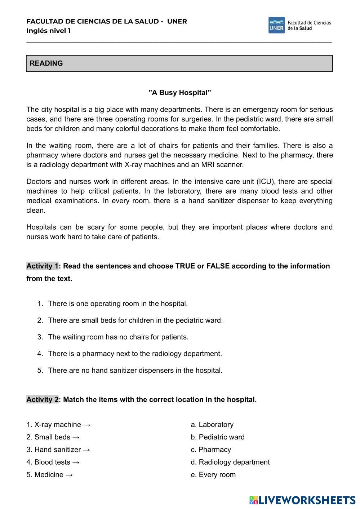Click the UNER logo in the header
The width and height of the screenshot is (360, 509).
tap(276, 25)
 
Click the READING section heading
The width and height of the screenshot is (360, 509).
tap(46, 63)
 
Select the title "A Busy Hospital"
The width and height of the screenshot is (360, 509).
tap(180, 93)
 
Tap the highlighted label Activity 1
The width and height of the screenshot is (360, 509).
tap(42, 266)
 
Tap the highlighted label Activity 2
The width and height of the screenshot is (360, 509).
tap(42, 399)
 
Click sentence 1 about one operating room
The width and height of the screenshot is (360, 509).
tap(118, 304)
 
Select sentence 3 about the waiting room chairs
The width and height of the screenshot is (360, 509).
tap(118, 337)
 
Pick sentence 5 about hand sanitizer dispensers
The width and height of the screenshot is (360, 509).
tap(135, 370)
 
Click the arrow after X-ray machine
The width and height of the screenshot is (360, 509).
tap(87, 425)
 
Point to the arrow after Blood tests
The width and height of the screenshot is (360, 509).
tap(76, 462)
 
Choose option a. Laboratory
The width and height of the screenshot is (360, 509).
tap(212, 425)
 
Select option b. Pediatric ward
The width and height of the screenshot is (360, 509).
tap(218, 437)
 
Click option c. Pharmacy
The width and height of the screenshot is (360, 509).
tap(211, 450)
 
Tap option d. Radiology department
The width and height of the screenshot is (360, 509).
tap(230, 462)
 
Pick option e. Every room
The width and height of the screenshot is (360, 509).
tap(213, 475)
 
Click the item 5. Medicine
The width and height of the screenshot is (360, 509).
tap(45, 475)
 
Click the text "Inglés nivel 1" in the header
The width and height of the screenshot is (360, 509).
tap(49, 31)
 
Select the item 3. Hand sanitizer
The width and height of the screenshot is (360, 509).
tap(54, 450)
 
